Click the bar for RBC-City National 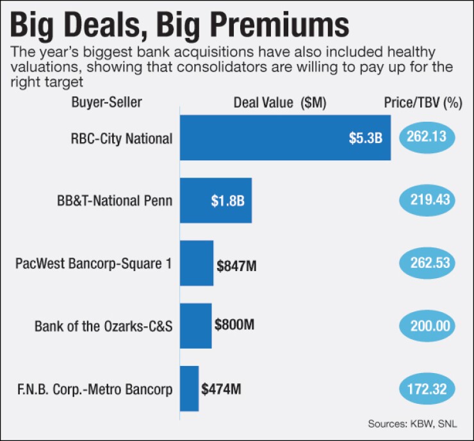point(285,138)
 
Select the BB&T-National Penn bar point(215,200)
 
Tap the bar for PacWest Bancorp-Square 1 point(197,263)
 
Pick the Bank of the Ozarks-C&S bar point(195,326)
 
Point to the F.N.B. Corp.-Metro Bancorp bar point(190,388)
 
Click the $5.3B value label point(370,138)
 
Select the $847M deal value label point(236,264)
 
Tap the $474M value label point(222,388)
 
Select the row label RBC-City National point(122,138)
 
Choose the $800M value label point(234,325)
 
